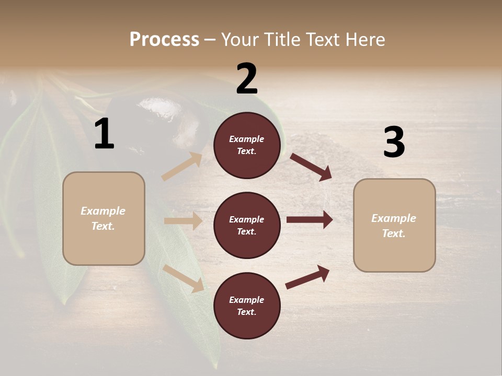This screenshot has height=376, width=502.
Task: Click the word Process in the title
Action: point(164,40)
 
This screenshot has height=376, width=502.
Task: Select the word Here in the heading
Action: point(364,40)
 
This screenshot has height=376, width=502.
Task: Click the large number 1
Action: point(104,134)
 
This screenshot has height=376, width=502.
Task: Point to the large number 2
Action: point(247,79)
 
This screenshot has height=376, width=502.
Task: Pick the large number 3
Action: point(394,143)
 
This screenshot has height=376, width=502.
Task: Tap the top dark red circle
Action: point(247,145)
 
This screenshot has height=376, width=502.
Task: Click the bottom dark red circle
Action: point(247,305)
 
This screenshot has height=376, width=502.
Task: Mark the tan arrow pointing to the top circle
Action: point(182,166)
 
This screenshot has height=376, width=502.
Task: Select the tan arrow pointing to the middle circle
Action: point(183,221)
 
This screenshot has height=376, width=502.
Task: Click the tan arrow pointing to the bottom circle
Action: point(184,278)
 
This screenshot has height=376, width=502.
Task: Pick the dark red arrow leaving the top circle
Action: point(311,167)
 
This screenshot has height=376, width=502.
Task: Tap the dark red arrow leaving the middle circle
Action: point(309,220)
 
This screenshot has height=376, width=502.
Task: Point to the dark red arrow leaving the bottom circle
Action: point(307,277)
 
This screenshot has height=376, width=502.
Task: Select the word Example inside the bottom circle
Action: point(246,300)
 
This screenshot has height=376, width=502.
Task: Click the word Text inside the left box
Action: point(103,226)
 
